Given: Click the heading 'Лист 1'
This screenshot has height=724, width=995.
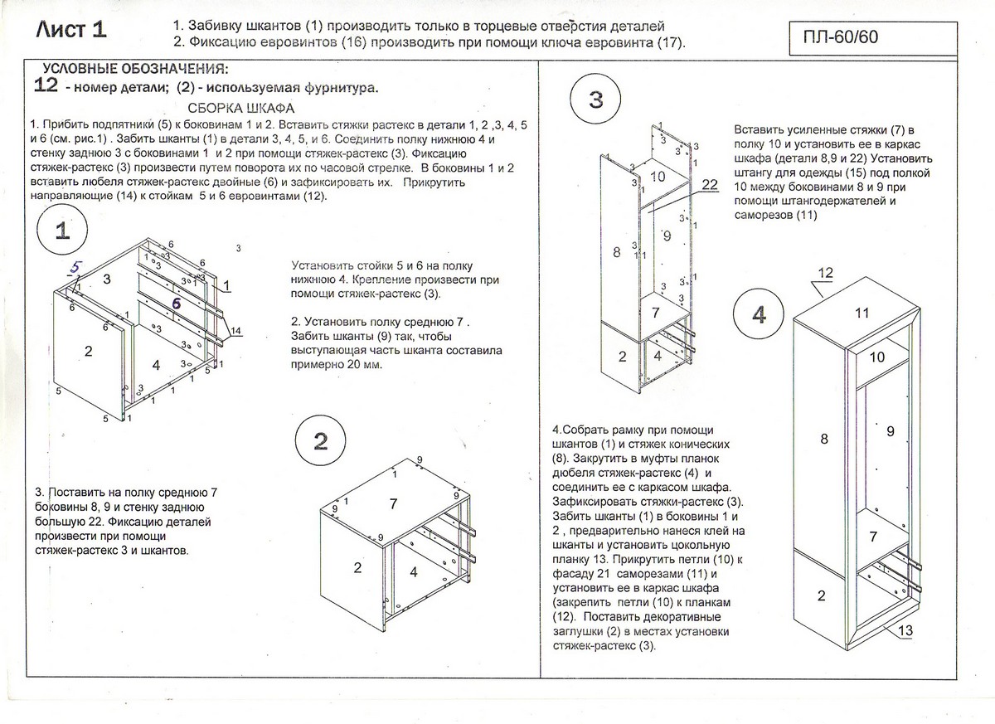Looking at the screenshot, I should coord(71,30).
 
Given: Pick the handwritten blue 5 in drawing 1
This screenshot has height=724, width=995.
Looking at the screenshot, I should coord(75,267).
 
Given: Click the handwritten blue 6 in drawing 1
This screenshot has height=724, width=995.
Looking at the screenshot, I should coord(176,304).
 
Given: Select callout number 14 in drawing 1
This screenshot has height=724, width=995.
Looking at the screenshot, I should coord(235,331).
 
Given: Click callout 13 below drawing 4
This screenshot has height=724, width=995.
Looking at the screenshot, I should coord(905,632).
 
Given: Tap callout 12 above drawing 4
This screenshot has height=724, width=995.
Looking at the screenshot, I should coord(825,273).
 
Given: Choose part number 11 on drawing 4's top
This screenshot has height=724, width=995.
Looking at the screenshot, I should coord(862,312).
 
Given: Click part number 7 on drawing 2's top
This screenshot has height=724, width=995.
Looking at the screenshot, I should coord(393,503).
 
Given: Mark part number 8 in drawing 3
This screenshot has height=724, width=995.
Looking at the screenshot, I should coord(616,252).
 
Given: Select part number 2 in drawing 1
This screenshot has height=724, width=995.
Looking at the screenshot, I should coord(88,351).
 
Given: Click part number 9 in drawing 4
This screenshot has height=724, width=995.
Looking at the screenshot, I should coord(889,430).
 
